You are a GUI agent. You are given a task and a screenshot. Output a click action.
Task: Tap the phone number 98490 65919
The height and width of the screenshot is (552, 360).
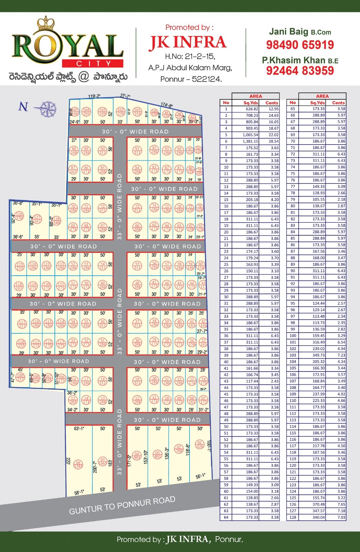[300, 45]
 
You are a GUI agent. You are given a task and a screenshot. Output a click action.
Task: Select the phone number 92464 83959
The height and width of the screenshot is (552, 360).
[300, 71]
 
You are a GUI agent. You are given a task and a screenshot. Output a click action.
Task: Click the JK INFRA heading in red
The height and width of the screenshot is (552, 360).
[187, 42]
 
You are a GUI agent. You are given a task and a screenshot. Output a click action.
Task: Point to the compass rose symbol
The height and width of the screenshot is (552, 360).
[47, 109]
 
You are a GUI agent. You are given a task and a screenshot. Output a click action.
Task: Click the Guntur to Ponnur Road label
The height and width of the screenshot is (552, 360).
[122, 505]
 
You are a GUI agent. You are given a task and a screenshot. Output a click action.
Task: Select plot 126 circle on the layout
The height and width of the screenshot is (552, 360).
[19, 216]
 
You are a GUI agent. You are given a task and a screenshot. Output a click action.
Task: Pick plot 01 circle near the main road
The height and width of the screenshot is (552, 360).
[200, 444]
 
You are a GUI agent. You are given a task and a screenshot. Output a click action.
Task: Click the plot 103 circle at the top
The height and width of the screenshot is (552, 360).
[103, 112]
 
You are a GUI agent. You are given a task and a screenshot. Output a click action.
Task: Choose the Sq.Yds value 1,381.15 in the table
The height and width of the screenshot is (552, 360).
[250, 141]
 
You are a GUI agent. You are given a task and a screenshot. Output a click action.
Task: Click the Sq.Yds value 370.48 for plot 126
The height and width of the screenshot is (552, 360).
[317, 504]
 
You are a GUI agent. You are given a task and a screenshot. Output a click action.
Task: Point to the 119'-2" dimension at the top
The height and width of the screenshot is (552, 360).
[94, 97]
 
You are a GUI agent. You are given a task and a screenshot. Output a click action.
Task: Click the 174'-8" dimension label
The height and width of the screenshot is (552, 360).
[166, 106]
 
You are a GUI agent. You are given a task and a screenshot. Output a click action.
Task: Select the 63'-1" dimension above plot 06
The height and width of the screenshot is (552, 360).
[79, 429]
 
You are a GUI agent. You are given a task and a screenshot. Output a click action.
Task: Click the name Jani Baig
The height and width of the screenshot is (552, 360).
[289, 32]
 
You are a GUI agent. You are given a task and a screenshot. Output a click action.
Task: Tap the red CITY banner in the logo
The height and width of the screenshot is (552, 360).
[93, 63]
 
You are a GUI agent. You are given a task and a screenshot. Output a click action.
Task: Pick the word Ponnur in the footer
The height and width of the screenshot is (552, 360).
[229, 539]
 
